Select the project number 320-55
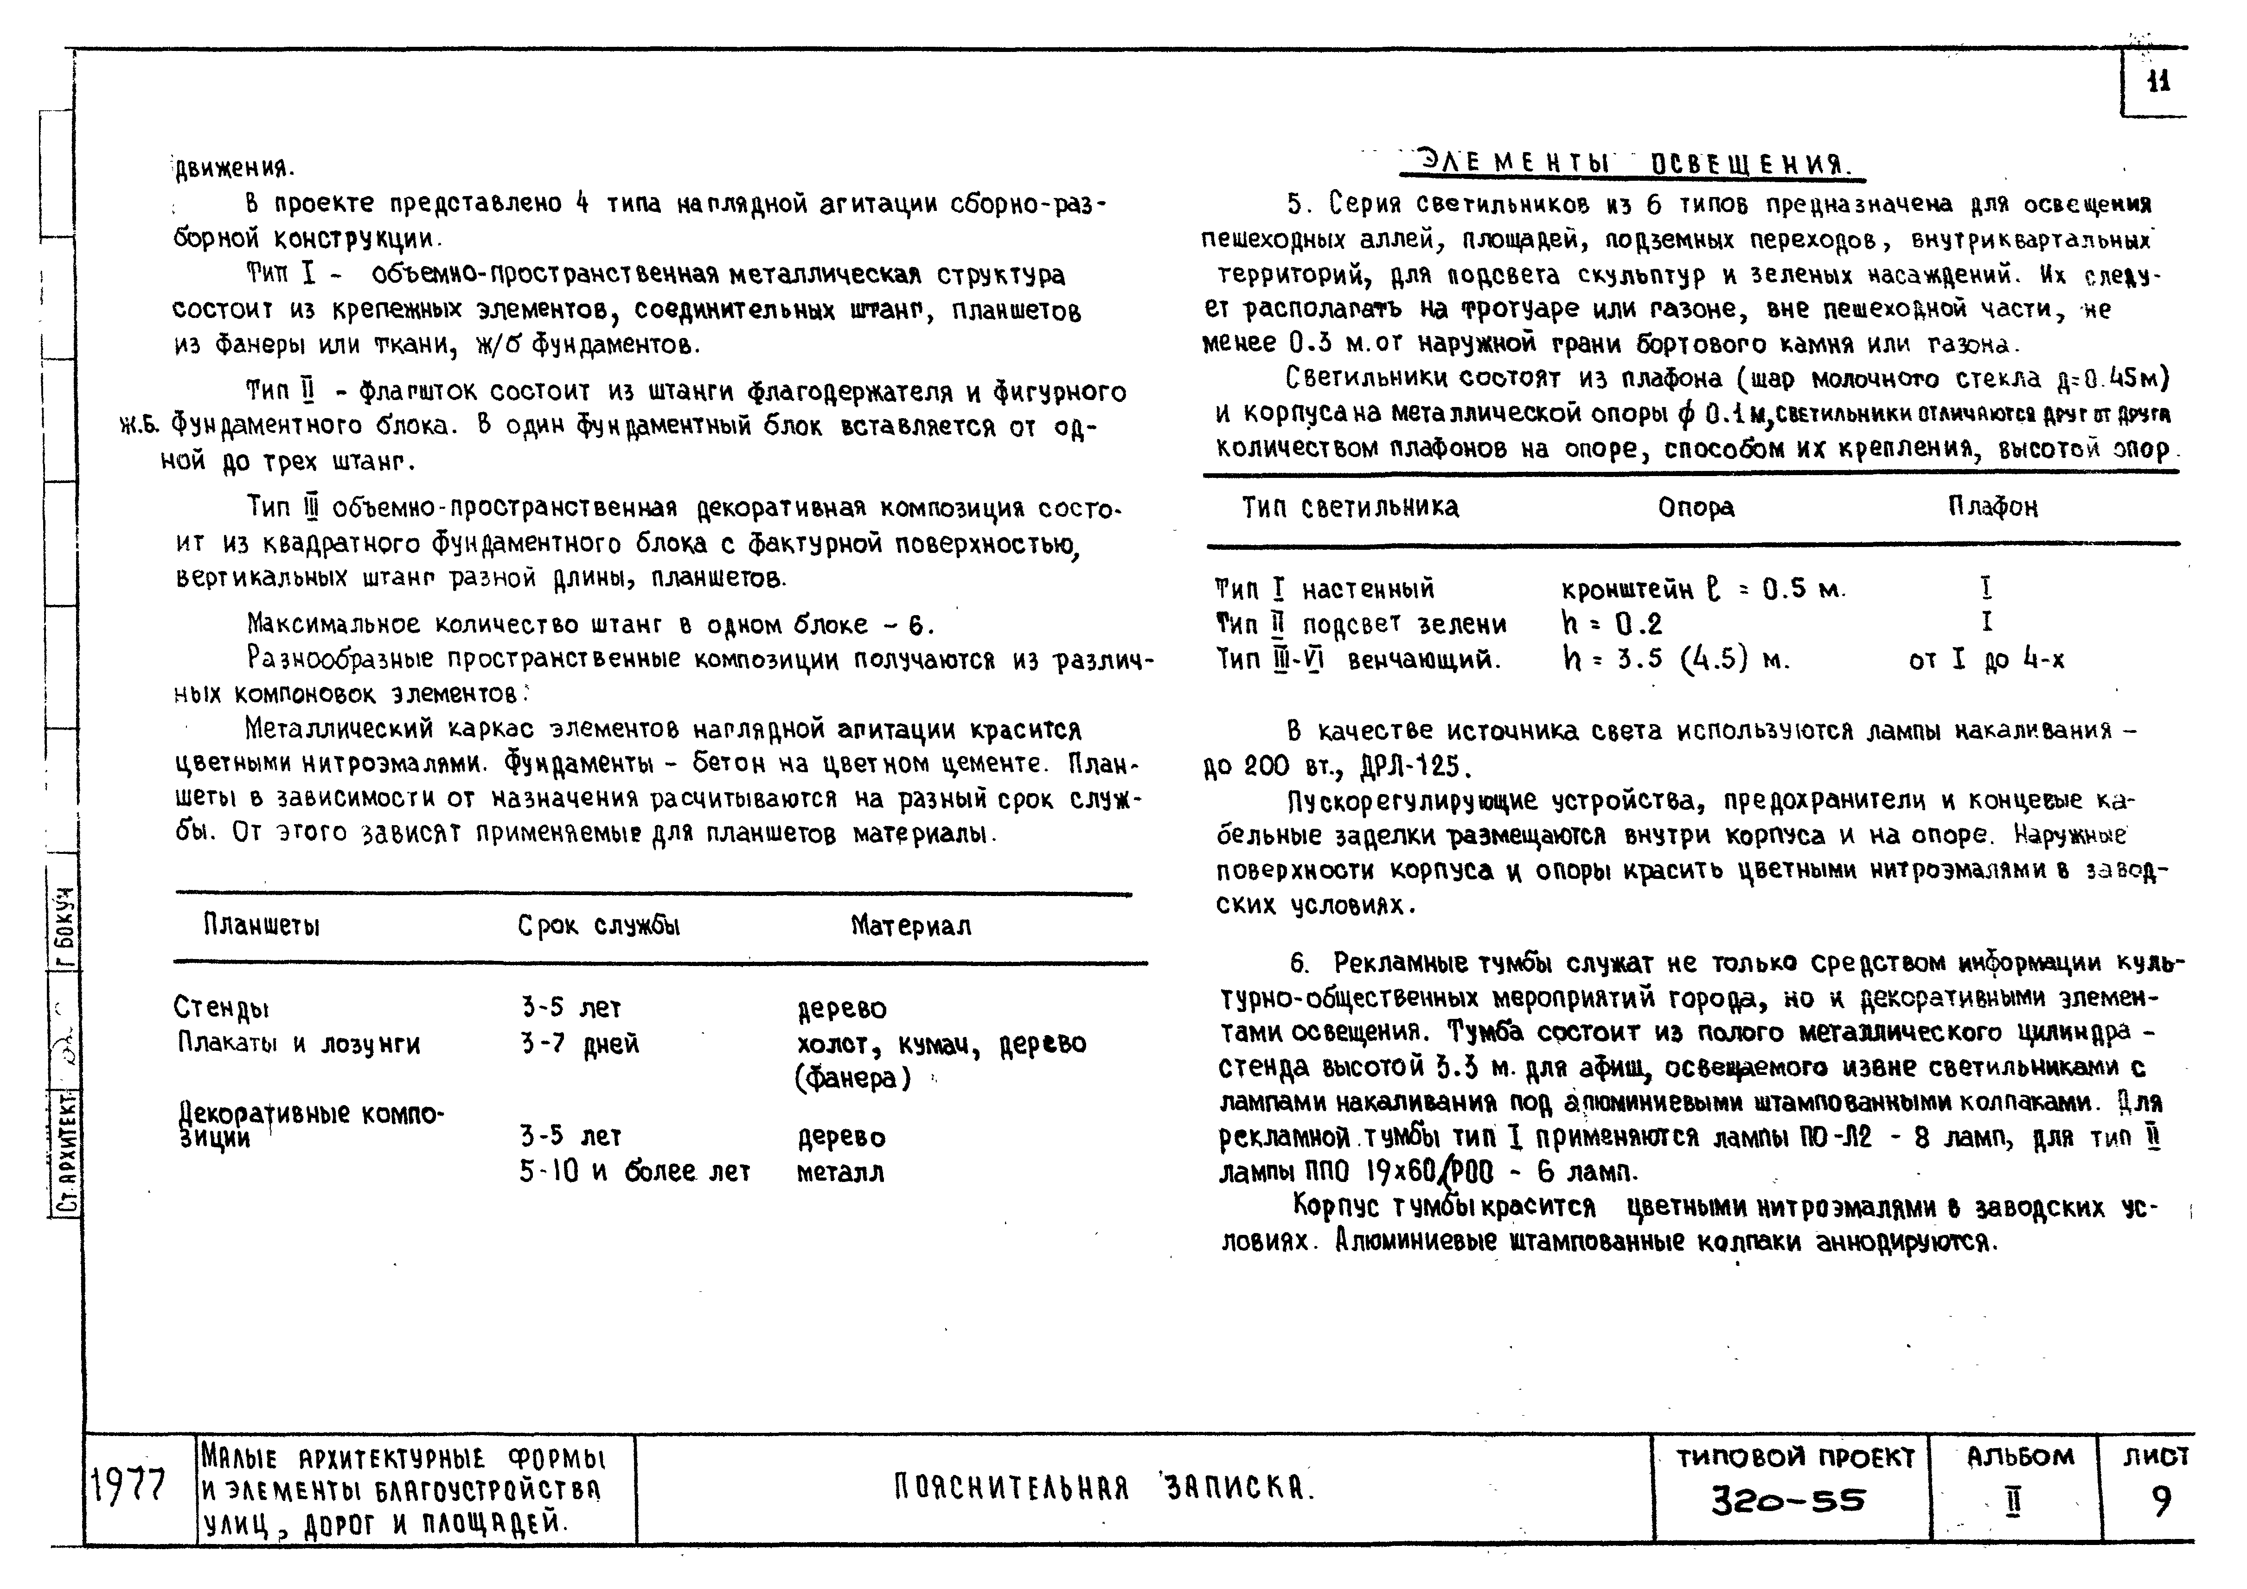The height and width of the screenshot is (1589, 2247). coord(1787,1501)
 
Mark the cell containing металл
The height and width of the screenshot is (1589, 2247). coord(840,1172)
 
